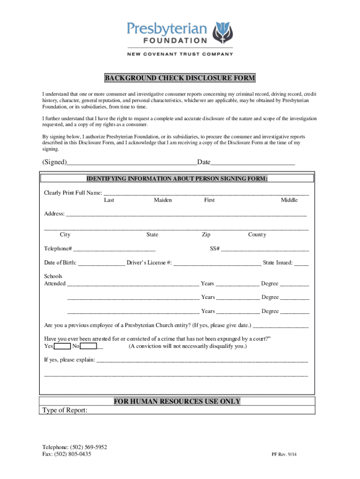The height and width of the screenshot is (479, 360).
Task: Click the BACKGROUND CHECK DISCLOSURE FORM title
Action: pyautogui.click(x=180, y=78)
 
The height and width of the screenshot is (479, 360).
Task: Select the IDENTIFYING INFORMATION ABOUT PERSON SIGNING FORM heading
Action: pyautogui.click(x=177, y=179)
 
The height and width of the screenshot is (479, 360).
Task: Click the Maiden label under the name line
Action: pyautogui.click(x=163, y=200)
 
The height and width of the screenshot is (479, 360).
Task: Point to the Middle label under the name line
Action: pyautogui.click(x=289, y=200)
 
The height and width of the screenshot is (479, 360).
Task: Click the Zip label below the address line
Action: pyautogui.click(x=206, y=235)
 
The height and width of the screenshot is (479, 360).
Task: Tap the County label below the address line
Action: pyautogui.click(x=257, y=235)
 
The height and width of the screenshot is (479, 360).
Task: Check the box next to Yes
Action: pyautogui.click(x=62, y=346)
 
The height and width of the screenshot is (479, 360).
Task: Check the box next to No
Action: pyautogui.click(x=88, y=346)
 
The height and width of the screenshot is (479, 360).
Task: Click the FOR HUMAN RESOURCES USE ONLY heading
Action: pyautogui.click(x=177, y=401)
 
